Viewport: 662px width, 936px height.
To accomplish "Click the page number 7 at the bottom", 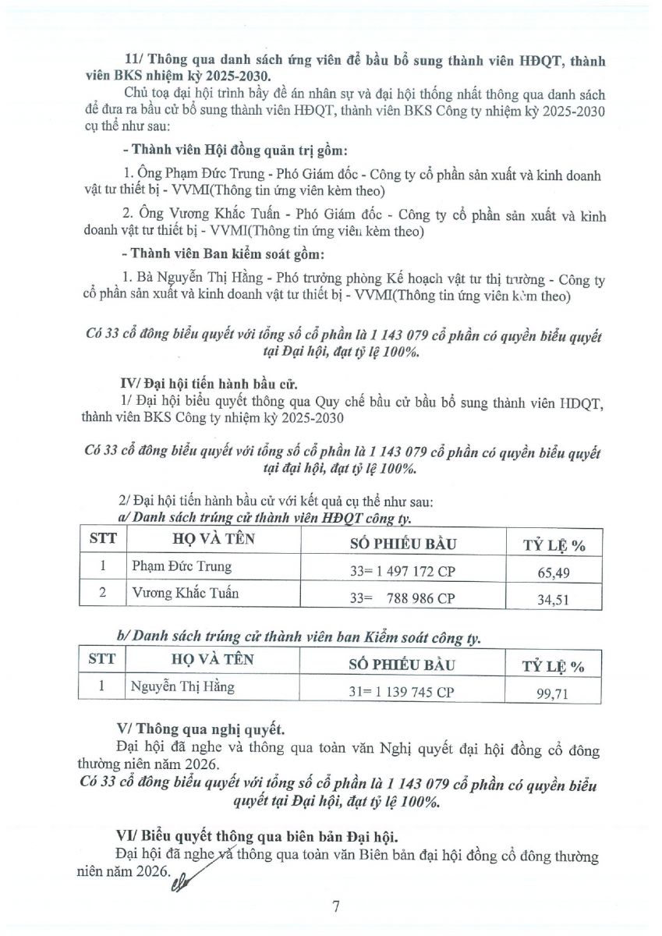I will point(336,906).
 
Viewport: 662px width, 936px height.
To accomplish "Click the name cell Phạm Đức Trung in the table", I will point(181,566).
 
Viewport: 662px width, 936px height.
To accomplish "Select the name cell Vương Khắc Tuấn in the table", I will point(185,593).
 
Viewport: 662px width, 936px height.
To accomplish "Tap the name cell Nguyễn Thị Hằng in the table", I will point(182,687).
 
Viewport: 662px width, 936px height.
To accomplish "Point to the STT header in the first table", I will point(103,539).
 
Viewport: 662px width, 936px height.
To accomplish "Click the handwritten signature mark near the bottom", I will point(186,879).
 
